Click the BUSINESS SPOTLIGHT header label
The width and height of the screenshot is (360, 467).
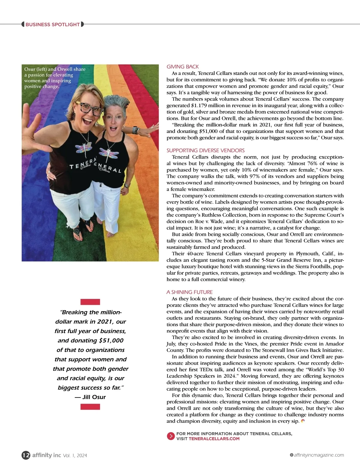52,24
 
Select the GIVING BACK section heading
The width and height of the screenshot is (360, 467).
183,67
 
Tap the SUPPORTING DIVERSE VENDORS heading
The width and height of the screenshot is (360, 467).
205,150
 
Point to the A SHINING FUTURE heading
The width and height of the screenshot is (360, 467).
190,292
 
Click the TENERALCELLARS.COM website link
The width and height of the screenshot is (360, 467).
214,439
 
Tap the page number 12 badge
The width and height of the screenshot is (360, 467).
26,455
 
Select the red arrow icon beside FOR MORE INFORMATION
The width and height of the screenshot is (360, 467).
171,436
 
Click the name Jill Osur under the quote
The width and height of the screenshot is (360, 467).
94,397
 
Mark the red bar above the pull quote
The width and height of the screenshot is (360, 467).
90,302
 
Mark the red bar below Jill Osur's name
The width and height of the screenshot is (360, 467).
90,407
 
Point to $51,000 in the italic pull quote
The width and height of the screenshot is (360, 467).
111,340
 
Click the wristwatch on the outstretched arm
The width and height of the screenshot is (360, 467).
136,130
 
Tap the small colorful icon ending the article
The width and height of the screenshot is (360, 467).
303,421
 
